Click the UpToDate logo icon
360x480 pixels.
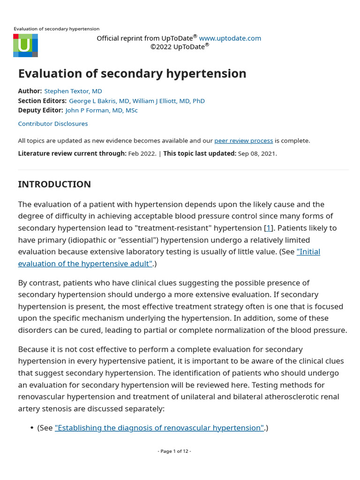pyautogui.click(x=25, y=45)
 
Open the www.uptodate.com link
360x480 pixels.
pyautogui.click(x=230, y=38)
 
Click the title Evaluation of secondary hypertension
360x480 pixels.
pyautogui.click(x=132, y=74)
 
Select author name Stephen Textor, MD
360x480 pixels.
pyautogui.click(x=73, y=91)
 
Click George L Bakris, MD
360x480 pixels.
pyautogui.click(x=99, y=101)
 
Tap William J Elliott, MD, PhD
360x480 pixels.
pyautogui.click(x=169, y=101)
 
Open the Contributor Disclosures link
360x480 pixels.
pyautogui.click(x=52, y=124)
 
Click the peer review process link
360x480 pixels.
pyautogui.click(x=243, y=141)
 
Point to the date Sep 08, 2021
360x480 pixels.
pyautogui.click(x=257, y=153)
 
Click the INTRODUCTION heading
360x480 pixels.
pyautogui.click(x=54, y=184)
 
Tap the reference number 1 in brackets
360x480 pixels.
pyautogui.click(x=269, y=228)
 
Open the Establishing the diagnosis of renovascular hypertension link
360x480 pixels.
pyautogui.click(x=159, y=427)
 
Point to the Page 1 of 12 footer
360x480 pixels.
pyautogui.click(x=174, y=451)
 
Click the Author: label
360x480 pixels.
pyautogui.click(x=30, y=91)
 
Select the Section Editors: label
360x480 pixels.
pyautogui.click(x=42, y=101)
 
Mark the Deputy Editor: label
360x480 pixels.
pyautogui.click(x=40, y=110)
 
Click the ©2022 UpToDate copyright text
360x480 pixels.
pyautogui.click(x=179, y=47)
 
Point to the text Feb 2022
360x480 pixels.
pyautogui.click(x=142, y=153)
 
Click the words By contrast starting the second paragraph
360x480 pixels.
pyautogui.click(x=38, y=283)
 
